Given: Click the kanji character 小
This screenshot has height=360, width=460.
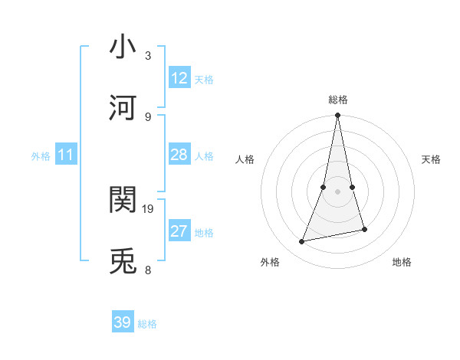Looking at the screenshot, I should (x=123, y=47).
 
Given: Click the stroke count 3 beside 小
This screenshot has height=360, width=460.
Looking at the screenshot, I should (x=148, y=55).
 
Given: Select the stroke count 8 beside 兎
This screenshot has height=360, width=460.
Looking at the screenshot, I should (x=148, y=270).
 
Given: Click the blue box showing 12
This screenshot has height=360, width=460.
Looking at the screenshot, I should (x=179, y=78).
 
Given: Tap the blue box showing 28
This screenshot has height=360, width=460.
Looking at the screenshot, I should (x=179, y=155).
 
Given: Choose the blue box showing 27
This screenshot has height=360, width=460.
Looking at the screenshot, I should (x=179, y=231).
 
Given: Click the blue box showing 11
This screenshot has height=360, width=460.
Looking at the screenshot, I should (x=66, y=155).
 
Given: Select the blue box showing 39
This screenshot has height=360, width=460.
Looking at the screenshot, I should (x=123, y=322).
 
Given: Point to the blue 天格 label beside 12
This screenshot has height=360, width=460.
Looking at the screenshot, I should (x=204, y=80).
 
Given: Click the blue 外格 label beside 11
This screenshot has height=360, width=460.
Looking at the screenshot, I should (x=41, y=156).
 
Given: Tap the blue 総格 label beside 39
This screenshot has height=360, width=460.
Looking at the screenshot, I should (x=147, y=324).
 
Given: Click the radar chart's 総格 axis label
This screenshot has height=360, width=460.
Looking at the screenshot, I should (x=338, y=100).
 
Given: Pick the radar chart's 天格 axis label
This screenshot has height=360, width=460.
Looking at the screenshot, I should (x=431, y=159).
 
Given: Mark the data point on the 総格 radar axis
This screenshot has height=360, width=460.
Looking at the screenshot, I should (x=338, y=116).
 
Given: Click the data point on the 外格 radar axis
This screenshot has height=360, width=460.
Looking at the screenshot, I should (x=302, y=242).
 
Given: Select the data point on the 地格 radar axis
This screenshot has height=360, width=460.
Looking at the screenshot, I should (x=365, y=229).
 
